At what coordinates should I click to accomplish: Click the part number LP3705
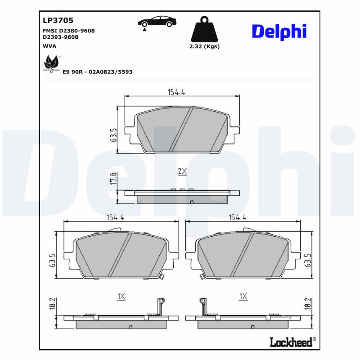[x=58, y=20]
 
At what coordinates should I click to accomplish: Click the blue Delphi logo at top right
[x=279, y=31]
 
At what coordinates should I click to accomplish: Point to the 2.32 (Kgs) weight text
[x=204, y=46]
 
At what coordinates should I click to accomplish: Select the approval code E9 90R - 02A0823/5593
[x=97, y=72]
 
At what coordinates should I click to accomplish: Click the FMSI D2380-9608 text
[x=68, y=31]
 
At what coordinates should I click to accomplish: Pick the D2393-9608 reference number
[x=60, y=37]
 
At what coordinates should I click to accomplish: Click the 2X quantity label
[x=182, y=171]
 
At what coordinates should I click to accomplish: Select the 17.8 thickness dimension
[x=114, y=179]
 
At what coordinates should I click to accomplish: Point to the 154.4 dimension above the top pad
[x=177, y=92]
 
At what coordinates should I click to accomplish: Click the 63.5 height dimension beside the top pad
[x=114, y=135]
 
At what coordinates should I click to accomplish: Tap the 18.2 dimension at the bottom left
[x=53, y=303]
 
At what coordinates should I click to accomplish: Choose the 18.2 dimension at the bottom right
[x=308, y=303]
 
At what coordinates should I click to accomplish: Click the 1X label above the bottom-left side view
[x=121, y=296]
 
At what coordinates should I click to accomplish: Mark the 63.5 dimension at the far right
[x=308, y=261]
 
